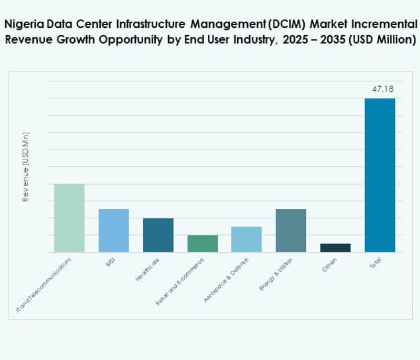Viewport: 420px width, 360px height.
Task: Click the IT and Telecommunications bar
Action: [69, 218]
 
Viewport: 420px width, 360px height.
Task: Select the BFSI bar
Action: [113, 230]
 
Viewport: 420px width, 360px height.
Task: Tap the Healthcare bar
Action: [158, 235]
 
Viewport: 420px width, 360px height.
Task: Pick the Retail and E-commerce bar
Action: [202, 243]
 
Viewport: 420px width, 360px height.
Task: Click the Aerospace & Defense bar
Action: [246, 239]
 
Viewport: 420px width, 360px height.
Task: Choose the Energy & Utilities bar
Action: [291, 230]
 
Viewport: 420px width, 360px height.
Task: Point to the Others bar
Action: [335, 247]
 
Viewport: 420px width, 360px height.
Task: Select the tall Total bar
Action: [380, 175]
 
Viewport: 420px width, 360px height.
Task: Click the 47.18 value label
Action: [380, 89]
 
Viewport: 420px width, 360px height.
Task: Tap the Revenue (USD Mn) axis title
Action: [26, 167]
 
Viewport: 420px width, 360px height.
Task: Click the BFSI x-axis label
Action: [111, 263]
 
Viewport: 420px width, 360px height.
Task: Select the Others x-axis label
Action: [330, 264]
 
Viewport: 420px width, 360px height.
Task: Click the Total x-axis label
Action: [375, 263]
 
